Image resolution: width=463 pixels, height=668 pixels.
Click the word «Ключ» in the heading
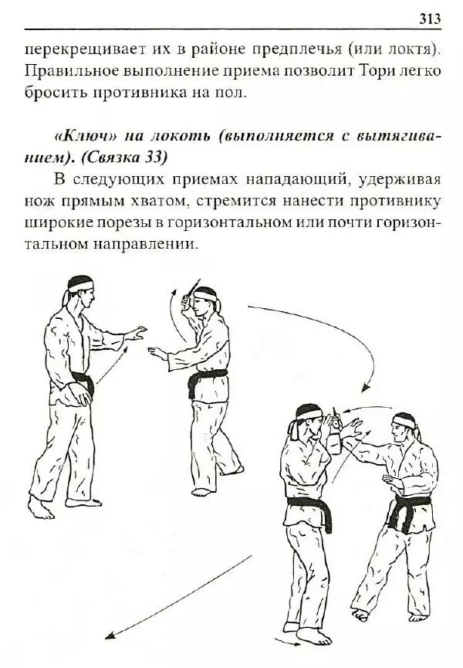tap(83, 136)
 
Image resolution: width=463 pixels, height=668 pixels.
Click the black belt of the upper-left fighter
tap(82, 381)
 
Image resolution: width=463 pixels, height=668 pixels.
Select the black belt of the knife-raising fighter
tap(207, 378)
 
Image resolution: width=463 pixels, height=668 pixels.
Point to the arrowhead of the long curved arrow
tap(370, 388)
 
